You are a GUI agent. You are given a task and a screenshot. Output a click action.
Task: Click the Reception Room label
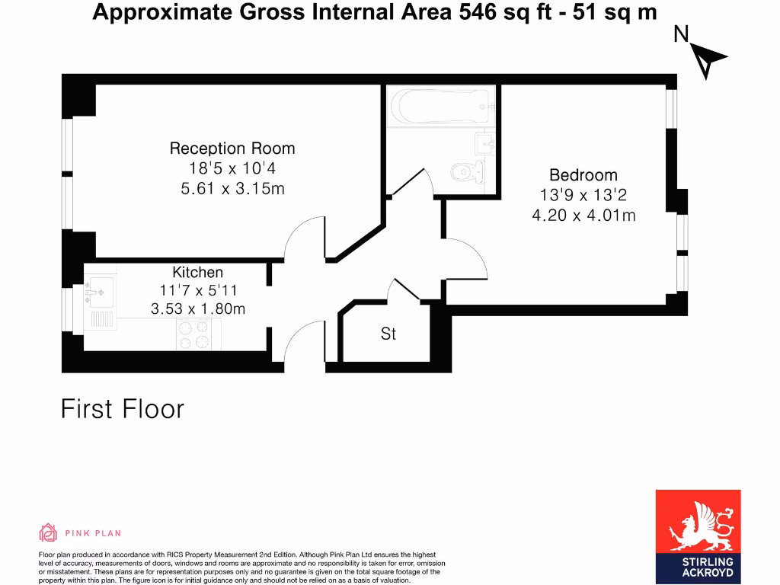click(x=232, y=149)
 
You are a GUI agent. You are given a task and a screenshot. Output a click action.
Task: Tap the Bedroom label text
click(x=583, y=175)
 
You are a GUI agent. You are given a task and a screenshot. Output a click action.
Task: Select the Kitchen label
click(x=198, y=272)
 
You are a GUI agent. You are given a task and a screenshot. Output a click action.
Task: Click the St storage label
click(x=388, y=334)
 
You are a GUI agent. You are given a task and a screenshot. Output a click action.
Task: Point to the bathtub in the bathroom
click(x=440, y=107)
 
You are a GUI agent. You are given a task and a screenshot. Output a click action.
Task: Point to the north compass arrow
click(x=709, y=60)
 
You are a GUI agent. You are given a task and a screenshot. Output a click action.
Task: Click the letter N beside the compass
click(x=682, y=34)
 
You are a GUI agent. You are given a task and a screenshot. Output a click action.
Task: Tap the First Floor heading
click(x=123, y=409)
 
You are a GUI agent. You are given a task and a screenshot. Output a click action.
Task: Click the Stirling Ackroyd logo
click(x=698, y=536)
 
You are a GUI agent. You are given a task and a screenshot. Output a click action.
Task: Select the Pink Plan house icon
click(x=48, y=532)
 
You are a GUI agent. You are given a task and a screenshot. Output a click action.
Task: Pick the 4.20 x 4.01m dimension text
click(x=583, y=216)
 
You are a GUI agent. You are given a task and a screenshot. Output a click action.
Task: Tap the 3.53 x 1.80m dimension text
click(x=198, y=308)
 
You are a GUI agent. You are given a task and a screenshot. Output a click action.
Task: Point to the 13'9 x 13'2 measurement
click(x=583, y=196)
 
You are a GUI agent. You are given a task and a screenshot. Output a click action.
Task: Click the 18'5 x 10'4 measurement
click(x=232, y=169)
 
